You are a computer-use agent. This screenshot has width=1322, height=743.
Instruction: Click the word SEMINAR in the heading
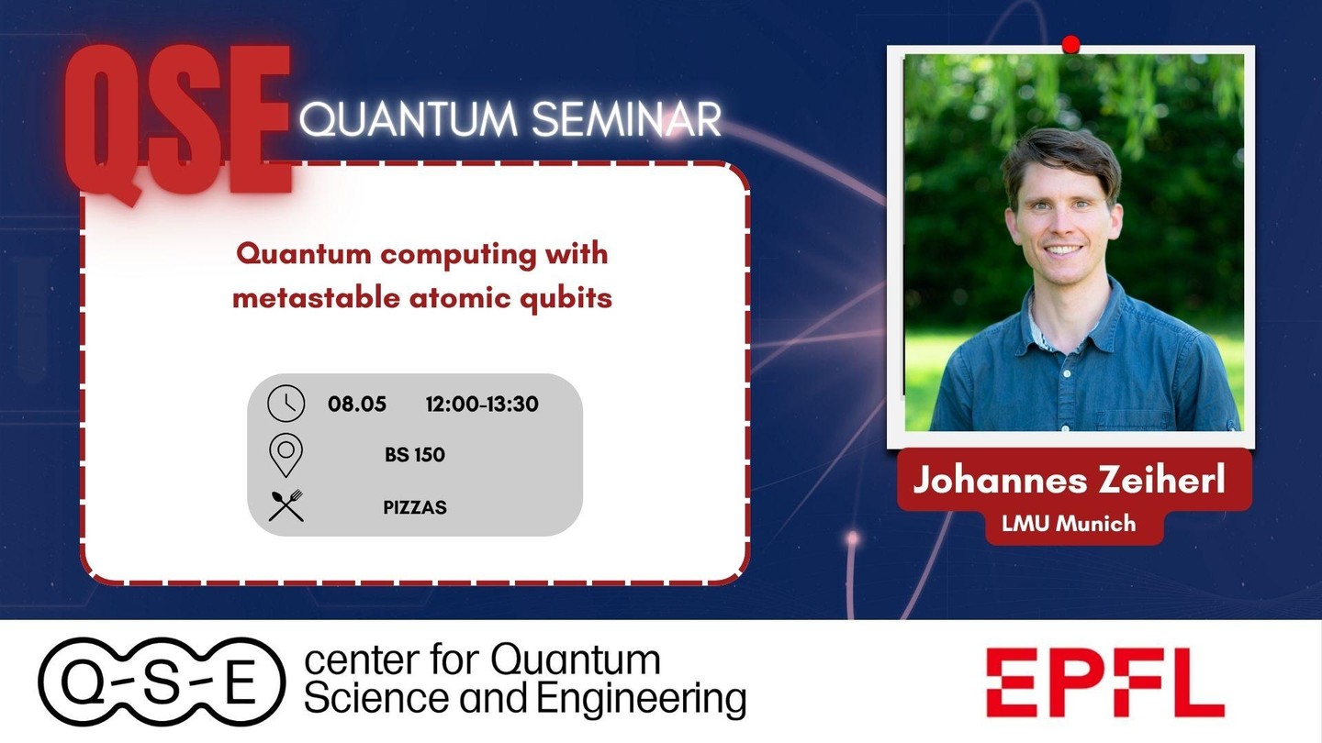[626, 119]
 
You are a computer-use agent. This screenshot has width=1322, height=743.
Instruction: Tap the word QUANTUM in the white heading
[409, 120]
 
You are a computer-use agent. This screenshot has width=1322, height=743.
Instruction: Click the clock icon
[286, 404]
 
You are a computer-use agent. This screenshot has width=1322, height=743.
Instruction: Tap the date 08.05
[357, 404]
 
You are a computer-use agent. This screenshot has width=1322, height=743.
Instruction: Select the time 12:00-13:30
[482, 404]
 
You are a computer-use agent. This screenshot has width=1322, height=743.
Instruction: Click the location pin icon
[286, 455]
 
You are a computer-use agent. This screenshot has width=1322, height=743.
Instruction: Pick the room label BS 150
[415, 455]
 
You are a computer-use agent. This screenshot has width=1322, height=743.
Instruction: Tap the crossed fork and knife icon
[286, 505]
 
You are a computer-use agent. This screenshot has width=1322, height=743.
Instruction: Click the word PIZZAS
[415, 507]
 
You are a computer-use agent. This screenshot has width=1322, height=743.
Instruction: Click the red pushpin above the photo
[1070, 45]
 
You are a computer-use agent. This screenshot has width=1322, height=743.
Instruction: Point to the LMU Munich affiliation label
[1069, 523]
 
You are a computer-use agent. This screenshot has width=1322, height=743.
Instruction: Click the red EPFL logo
[1104, 682]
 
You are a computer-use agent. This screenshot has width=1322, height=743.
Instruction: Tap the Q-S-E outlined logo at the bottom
[162, 682]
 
